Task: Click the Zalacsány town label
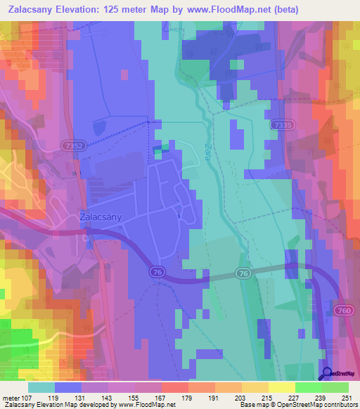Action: click(101, 217)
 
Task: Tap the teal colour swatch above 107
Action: click(41, 387)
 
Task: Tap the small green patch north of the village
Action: click(161, 148)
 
